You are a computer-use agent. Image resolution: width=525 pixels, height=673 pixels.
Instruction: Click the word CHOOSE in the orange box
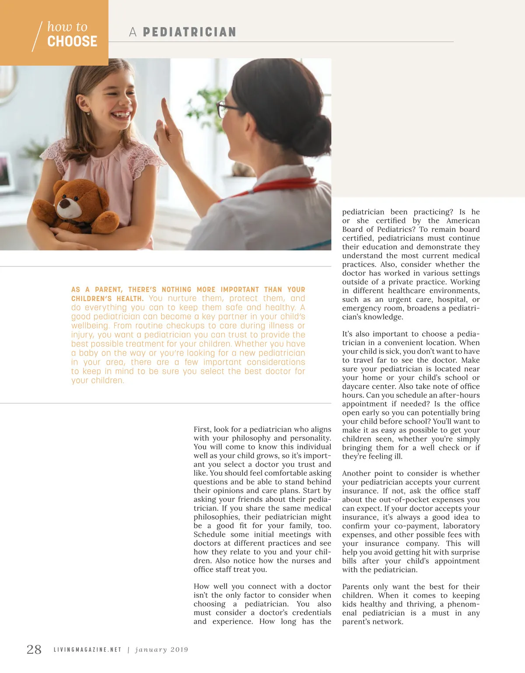click(72, 42)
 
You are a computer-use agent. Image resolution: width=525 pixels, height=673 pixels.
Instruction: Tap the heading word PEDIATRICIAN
click(189, 32)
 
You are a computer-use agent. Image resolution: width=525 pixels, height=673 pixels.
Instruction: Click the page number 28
click(34, 649)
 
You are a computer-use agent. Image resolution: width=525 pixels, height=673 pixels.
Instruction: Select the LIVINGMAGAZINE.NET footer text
click(87, 650)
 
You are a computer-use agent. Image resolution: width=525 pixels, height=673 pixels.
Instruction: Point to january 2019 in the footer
click(162, 650)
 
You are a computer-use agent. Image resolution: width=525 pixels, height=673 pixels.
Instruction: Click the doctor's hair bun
click(317, 133)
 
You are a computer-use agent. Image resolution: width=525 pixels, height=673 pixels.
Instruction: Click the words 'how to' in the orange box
click(67, 27)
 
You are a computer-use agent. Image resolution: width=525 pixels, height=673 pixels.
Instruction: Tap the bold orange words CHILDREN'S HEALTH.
click(107, 298)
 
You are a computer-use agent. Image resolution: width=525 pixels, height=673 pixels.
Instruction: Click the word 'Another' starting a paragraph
click(356, 473)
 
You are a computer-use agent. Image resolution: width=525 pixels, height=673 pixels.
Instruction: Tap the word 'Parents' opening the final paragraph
click(356, 587)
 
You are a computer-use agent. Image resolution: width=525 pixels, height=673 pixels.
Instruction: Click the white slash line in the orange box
click(37, 36)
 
